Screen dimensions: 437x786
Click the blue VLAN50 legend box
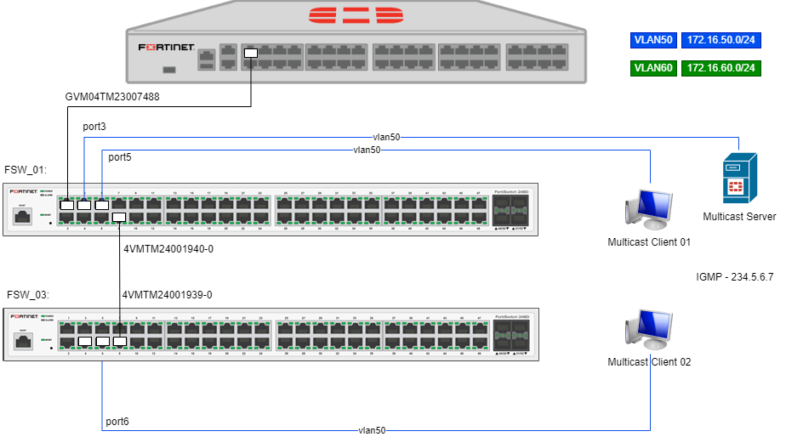point(653,41)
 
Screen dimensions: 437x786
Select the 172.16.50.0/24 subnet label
point(721,41)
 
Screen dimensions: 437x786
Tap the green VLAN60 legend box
point(653,68)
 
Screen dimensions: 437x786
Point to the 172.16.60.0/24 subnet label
point(721,68)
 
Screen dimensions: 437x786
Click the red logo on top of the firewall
point(356,15)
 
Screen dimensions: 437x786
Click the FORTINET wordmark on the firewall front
point(167,48)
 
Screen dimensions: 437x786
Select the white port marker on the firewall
point(250,53)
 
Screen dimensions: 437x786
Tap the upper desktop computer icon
point(649,208)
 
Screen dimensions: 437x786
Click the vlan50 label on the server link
point(386,137)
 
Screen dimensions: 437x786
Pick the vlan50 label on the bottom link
point(372,430)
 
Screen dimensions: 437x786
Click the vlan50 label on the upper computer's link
point(367,150)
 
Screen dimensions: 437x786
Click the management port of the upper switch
point(22,217)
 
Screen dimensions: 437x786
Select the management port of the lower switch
point(22,341)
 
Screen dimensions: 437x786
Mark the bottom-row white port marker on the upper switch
point(119,218)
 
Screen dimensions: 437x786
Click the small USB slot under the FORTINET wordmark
point(168,69)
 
